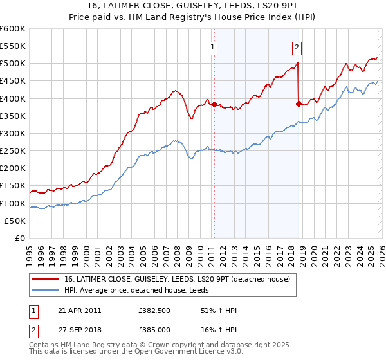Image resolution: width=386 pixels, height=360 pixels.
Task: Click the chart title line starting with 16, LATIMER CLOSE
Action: [193, 6]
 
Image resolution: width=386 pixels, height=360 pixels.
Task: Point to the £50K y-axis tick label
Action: [15, 221]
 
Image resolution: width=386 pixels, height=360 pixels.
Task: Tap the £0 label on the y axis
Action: [21, 238]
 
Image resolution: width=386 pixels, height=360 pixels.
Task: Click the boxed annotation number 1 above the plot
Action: [212, 46]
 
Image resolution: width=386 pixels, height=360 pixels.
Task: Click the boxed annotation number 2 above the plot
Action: [297, 46]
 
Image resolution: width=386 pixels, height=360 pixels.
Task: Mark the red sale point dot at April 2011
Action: [214, 104]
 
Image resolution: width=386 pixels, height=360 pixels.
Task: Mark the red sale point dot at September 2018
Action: [299, 103]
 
